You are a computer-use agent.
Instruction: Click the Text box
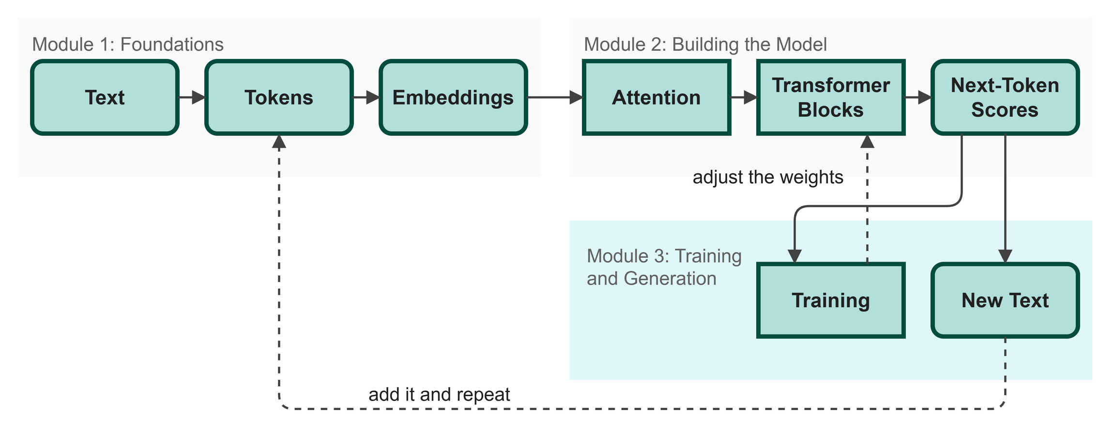105,97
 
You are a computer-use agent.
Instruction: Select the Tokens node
279,97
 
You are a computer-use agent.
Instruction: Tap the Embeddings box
453,97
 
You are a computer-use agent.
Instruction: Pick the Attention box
656,97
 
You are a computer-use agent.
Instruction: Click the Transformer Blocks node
831,97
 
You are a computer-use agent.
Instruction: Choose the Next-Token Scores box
1005,97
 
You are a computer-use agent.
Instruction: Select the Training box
831,300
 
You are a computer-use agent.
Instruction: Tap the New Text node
1005,300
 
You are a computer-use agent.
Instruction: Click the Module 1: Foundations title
128,44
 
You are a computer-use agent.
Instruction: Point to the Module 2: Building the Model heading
705,44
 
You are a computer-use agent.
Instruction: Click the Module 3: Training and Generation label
664,267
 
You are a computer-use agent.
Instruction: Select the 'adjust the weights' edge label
768,177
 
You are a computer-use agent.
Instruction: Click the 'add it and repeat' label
439,395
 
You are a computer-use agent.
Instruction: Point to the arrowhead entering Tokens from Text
199,97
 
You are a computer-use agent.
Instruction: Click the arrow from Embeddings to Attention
555,97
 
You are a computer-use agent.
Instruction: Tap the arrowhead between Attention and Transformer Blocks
751,97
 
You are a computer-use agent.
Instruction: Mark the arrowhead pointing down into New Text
1006,257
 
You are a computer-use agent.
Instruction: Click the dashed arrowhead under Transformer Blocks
867,141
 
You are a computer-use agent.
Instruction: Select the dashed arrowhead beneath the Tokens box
279,141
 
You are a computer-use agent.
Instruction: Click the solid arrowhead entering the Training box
794,257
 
